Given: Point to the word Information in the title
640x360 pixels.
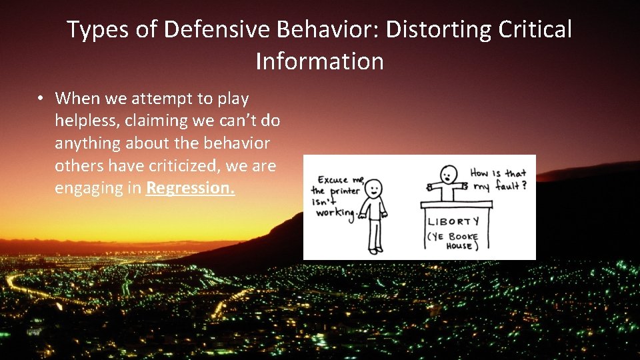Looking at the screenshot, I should point(319,61).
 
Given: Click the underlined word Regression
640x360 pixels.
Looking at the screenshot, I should point(190,188).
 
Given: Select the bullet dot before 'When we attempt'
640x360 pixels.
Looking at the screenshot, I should point(41,99).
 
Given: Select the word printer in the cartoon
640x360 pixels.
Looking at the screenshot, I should point(343,192).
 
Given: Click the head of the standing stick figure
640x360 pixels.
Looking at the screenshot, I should point(375,188).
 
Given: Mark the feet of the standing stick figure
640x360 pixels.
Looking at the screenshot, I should point(375,251).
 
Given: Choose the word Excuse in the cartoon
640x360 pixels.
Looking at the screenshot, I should point(331,179).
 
